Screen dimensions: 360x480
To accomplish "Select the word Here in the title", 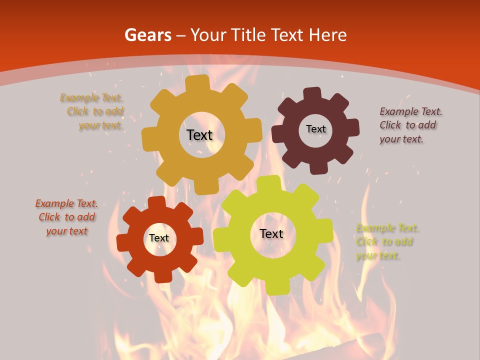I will [328, 35].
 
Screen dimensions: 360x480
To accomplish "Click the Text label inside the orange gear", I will [199, 135].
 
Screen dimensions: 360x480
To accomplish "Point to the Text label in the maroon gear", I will [315, 129].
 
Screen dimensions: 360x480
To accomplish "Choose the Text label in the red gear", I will [159, 238].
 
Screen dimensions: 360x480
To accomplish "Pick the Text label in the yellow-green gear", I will [271, 233].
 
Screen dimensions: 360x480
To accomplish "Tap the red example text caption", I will [66, 217].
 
